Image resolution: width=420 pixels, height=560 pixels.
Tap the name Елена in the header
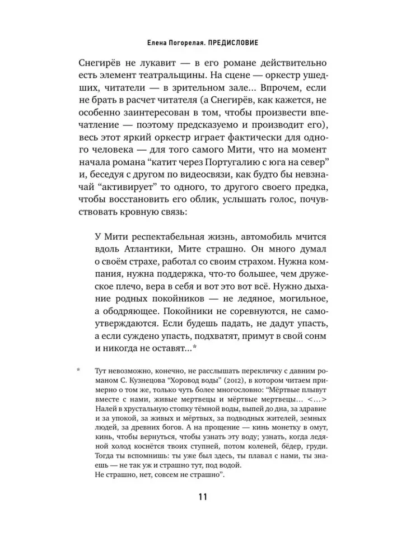[x=154, y=42]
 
